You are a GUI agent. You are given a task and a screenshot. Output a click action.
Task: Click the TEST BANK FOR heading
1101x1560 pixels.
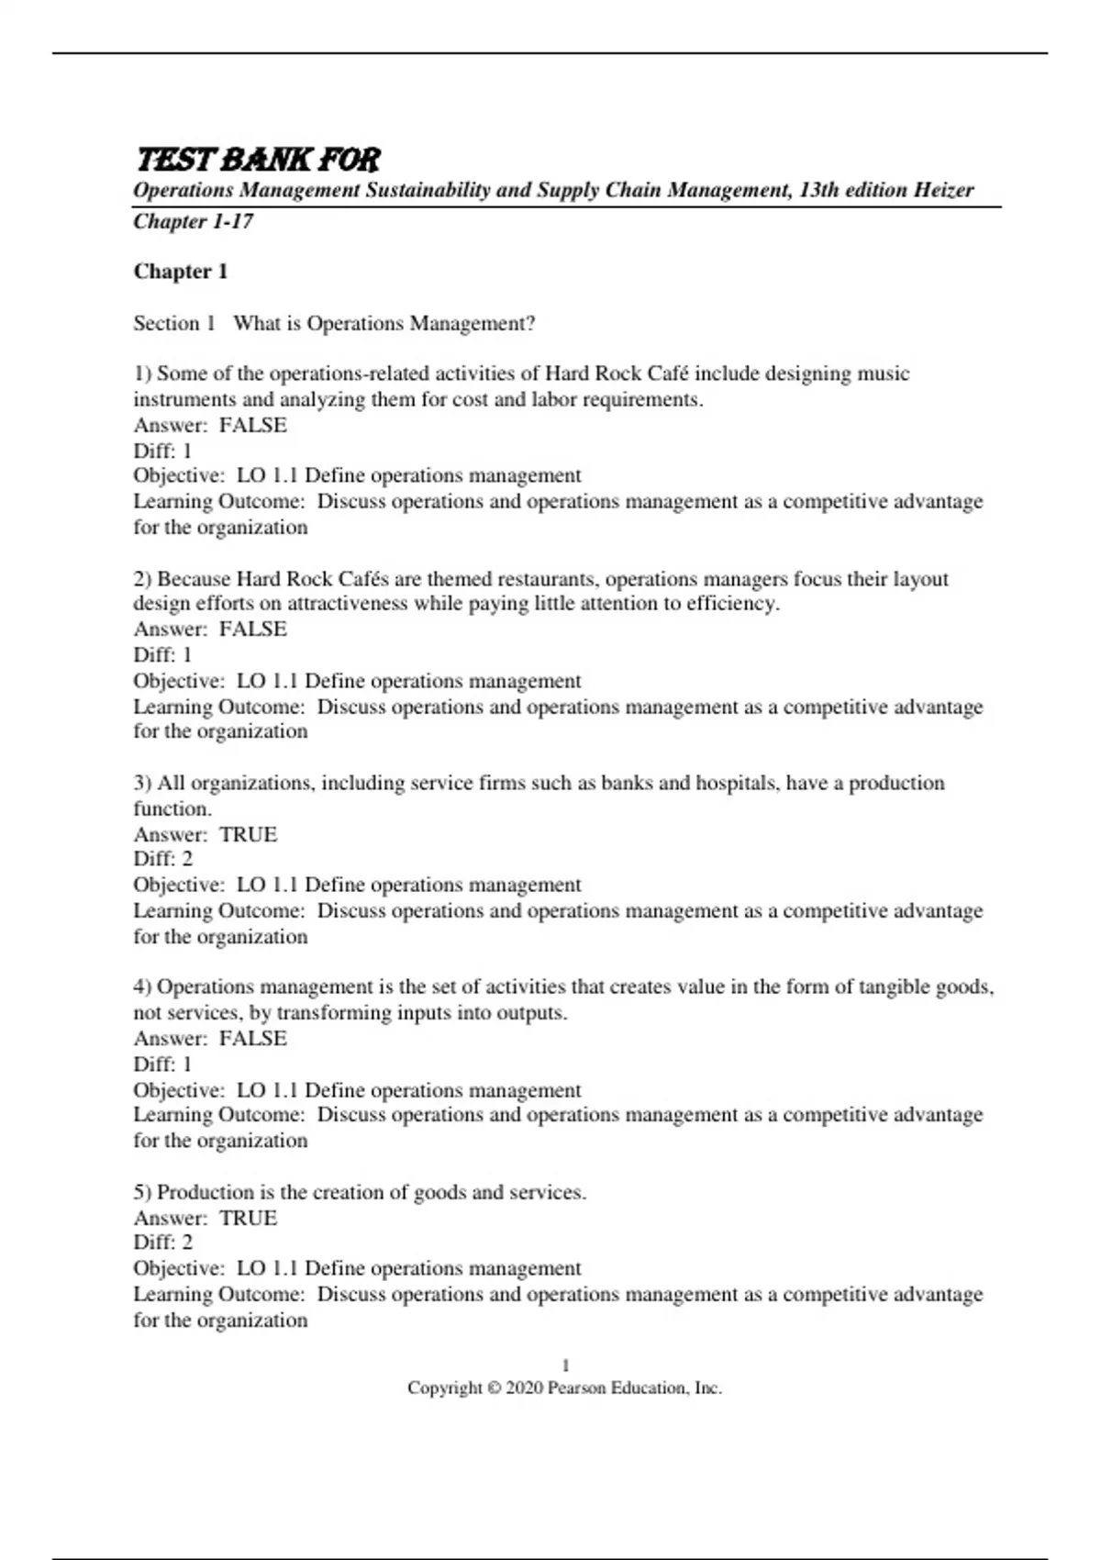(258, 160)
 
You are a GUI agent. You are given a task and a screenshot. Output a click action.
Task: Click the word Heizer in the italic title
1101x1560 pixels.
(943, 190)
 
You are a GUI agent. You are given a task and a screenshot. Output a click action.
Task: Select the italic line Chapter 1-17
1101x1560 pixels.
(194, 221)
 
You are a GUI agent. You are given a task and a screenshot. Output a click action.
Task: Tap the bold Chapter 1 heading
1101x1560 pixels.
(181, 272)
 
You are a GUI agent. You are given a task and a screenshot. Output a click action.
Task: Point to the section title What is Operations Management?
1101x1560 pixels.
(384, 323)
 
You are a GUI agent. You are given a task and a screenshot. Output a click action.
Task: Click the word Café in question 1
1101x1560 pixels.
(668, 373)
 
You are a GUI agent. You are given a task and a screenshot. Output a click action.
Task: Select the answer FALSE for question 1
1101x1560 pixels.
(253, 425)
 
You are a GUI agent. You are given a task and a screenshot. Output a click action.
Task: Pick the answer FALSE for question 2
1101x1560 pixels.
(253, 630)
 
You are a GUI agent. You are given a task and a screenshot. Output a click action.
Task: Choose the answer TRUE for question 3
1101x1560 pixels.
(248, 834)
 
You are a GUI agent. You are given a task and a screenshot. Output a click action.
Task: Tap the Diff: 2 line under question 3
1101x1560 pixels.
(163, 859)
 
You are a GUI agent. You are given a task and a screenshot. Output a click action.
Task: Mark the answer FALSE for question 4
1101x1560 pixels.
(253, 1039)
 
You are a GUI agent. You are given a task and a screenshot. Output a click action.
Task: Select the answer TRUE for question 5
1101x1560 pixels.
(248, 1218)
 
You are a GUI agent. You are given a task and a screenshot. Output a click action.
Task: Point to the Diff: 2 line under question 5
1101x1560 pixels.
(163, 1242)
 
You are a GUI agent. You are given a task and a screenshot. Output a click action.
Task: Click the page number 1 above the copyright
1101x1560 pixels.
(565, 1365)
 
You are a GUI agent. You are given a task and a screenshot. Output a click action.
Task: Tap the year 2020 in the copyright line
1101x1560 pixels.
(524, 1388)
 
